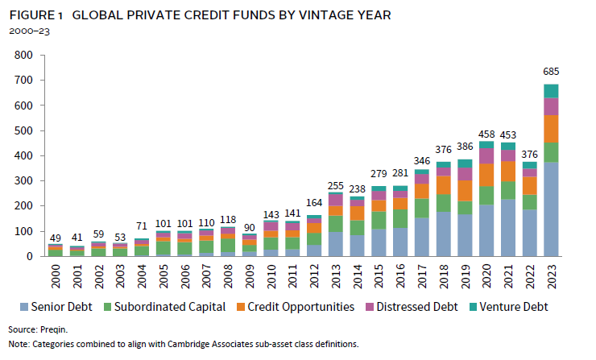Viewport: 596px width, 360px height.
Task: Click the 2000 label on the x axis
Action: coord(32,274)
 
